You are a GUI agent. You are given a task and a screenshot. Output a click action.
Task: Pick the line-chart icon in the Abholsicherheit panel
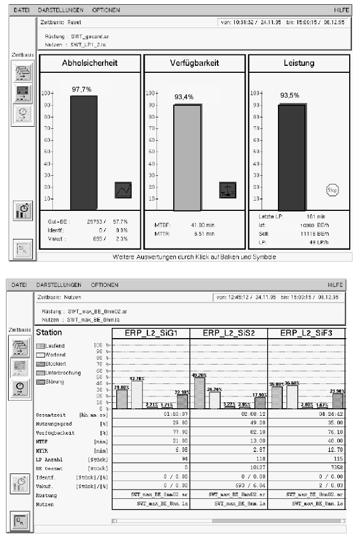click(x=124, y=189)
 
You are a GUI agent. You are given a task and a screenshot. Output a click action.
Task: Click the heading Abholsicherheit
click(x=90, y=63)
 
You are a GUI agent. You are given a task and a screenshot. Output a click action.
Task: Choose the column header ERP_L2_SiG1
click(x=151, y=333)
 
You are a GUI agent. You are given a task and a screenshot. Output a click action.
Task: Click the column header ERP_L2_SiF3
click(x=307, y=333)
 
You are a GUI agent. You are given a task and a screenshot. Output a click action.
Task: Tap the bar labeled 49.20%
click(x=199, y=393)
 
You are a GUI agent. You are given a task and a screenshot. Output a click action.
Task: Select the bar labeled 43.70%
click(x=137, y=395)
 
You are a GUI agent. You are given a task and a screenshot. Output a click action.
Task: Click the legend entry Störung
click(x=65, y=382)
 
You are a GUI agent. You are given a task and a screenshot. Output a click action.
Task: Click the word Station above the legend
click(x=49, y=333)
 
